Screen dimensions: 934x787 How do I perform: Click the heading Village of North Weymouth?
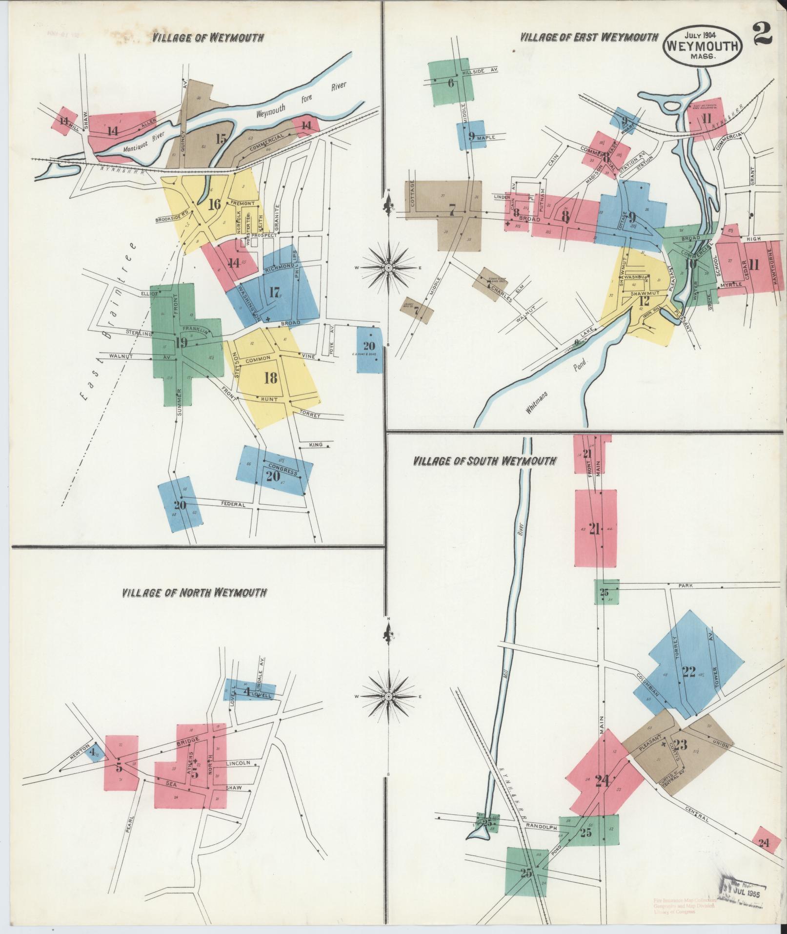pos(194,593)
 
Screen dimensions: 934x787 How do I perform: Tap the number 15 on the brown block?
pos(221,139)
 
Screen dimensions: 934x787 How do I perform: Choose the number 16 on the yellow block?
pos(214,204)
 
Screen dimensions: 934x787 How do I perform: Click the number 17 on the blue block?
pos(274,293)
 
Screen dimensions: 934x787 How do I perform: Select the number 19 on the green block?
pos(181,342)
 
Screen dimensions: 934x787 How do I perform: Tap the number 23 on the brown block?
pos(681,745)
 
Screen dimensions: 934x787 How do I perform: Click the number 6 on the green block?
pos(451,83)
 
